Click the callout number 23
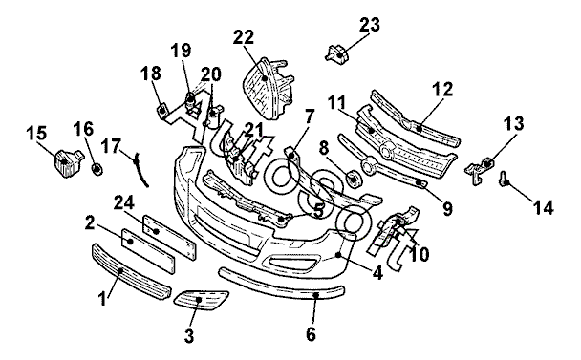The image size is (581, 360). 370,25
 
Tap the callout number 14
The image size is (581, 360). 543,208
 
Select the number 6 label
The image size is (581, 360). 311,334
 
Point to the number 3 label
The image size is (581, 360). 189,336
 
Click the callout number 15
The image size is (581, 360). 36,134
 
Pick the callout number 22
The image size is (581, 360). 244,37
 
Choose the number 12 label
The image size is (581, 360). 442,89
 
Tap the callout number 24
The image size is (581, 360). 124,203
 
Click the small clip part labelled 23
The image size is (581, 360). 336,53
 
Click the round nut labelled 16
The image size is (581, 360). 97,170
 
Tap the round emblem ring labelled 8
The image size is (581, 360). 354,179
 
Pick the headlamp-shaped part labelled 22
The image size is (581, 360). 268,89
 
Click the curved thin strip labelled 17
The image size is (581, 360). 140,170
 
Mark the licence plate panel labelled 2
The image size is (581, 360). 148,251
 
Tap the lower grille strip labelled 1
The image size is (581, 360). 131,272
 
